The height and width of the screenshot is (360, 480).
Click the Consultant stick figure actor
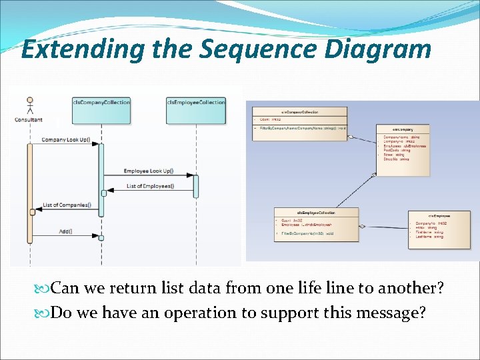[x=29, y=107]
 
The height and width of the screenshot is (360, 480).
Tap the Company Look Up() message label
[x=70, y=140]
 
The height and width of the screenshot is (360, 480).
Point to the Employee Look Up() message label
[x=148, y=171]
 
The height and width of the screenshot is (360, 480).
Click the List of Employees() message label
[x=150, y=186]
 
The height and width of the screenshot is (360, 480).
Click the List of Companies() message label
[x=67, y=205]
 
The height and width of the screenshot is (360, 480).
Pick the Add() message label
[x=66, y=231]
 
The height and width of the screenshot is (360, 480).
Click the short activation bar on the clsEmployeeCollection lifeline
[x=196, y=186]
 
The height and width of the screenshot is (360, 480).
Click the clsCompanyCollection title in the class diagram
[x=300, y=113]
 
